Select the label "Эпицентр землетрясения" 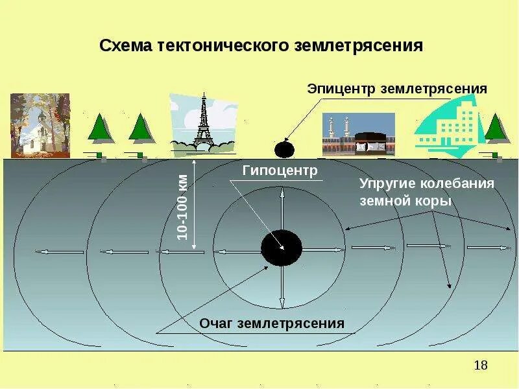396,88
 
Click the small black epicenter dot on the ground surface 284,150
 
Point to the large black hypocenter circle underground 282,248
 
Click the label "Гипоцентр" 280,171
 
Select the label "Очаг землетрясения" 271,322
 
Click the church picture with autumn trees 40,124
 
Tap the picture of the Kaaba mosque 358,135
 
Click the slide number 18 481,365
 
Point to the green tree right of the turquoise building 495,128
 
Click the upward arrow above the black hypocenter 282,207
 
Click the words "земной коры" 405,201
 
